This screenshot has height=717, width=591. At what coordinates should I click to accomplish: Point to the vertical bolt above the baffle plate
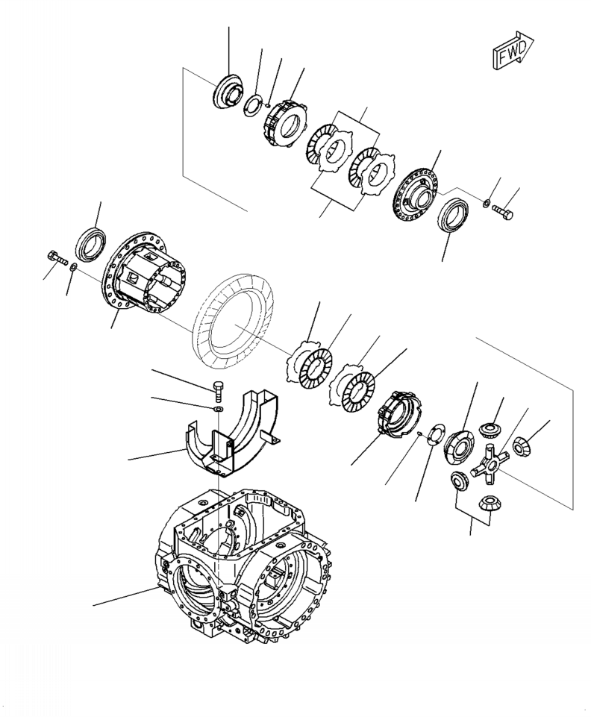[x=217, y=390]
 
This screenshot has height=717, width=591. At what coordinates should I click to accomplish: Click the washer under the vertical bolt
[x=217, y=410]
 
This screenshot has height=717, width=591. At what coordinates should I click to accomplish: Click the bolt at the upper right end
[x=504, y=212]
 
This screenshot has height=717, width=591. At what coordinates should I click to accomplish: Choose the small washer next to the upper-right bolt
[x=486, y=203]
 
